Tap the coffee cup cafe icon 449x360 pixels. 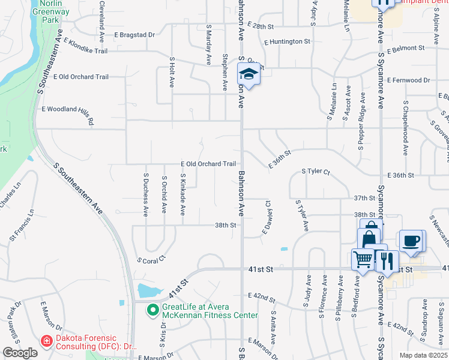411,241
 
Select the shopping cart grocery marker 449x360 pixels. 363,259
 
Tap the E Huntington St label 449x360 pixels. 287,41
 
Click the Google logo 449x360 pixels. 20,353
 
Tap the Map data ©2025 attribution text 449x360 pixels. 423,355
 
